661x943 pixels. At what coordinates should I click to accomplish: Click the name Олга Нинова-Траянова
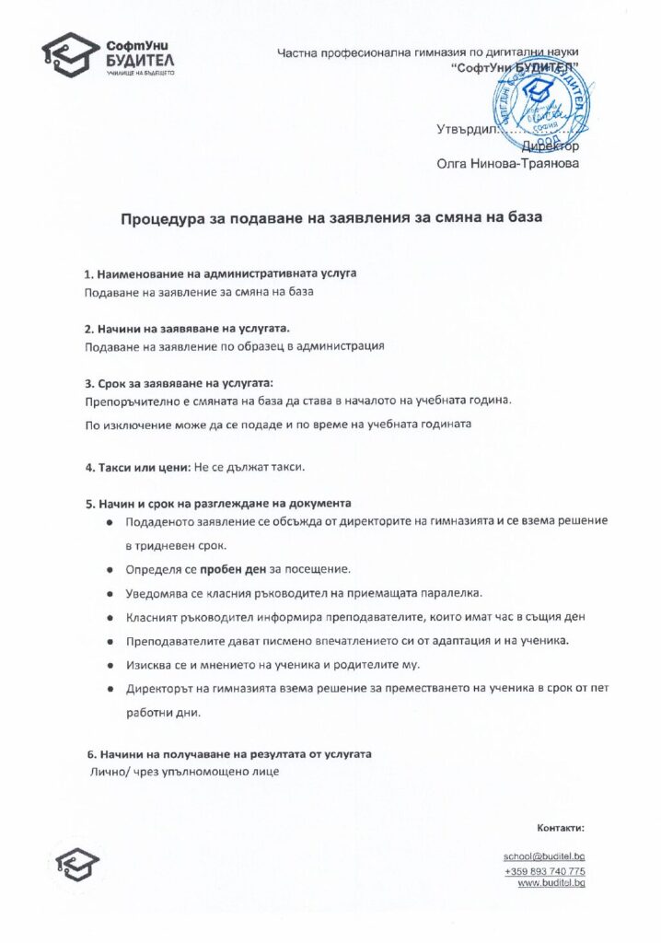click(508, 164)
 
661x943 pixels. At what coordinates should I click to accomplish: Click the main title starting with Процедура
click(331, 219)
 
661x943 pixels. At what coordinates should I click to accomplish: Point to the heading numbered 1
click(220, 274)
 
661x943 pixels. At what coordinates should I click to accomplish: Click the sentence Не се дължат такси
click(249, 467)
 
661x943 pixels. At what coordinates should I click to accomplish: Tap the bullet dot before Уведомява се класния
click(110, 592)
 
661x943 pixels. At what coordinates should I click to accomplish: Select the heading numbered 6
click(227, 753)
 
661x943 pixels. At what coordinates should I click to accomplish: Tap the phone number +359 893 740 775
click(544, 871)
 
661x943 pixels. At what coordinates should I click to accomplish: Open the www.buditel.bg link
click(551, 883)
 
